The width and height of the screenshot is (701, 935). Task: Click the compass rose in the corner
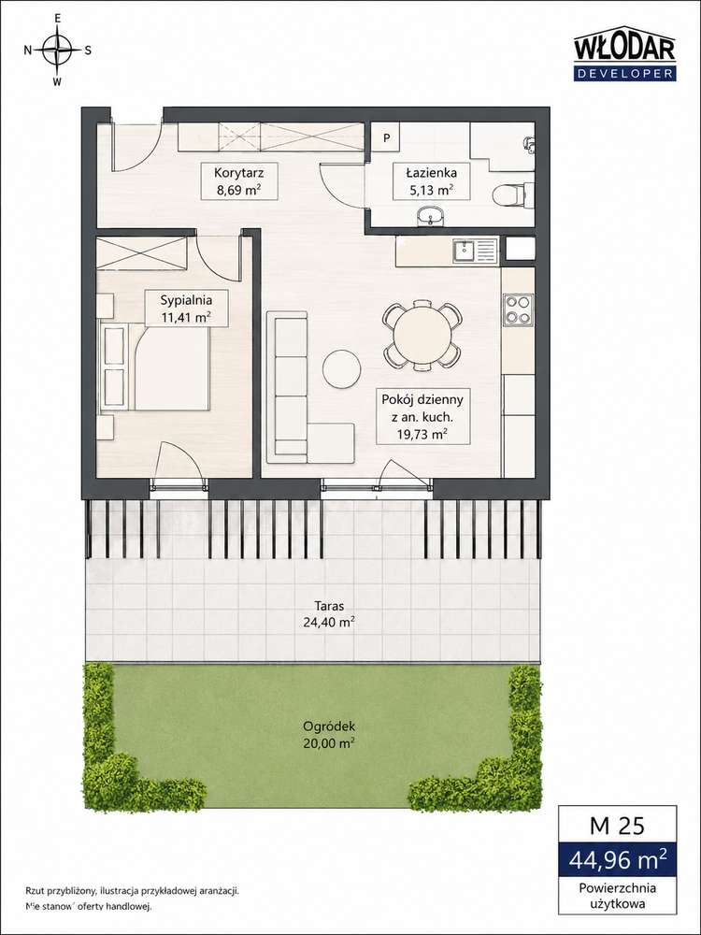(57, 50)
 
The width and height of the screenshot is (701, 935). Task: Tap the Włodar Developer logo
(624, 57)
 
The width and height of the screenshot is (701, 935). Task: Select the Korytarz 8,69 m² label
(239, 182)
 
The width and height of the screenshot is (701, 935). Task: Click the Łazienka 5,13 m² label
(432, 181)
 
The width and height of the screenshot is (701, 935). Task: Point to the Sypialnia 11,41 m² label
(186, 308)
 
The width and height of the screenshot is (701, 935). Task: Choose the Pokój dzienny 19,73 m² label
(422, 416)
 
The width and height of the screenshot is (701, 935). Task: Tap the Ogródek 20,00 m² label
(329, 735)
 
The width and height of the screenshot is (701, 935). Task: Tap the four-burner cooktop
(519, 310)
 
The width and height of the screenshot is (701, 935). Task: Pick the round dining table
(422, 336)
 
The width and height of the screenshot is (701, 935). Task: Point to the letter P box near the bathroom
(387, 138)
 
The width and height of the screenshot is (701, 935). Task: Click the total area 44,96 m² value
(618, 859)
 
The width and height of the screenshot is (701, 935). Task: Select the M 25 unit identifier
(617, 826)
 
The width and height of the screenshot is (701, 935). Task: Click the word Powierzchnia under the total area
(618, 888)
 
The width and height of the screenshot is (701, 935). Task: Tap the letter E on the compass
(57, 19)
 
